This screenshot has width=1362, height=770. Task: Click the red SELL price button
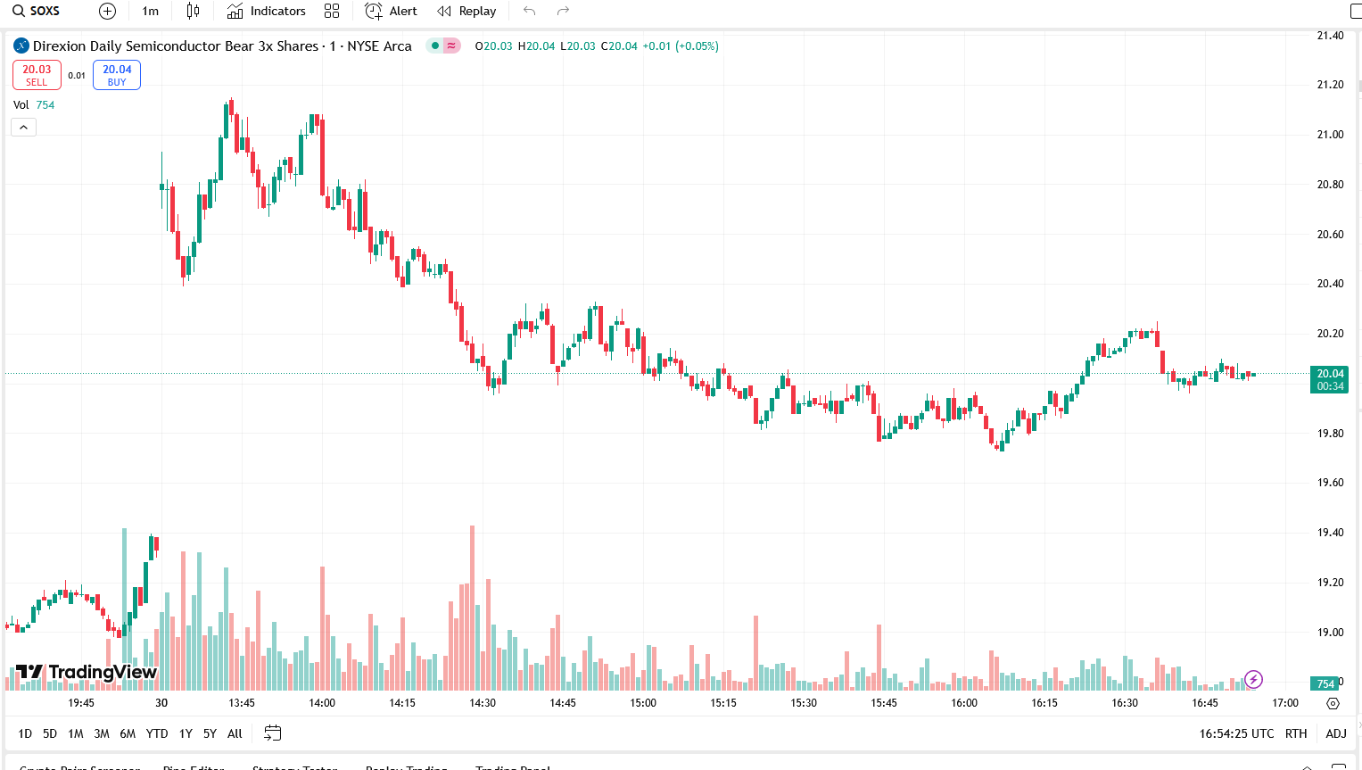point(37,75)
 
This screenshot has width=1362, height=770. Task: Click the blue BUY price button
point(117,75)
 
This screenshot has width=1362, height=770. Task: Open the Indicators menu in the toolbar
point(266,12)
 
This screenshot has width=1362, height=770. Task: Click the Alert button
point(392,12)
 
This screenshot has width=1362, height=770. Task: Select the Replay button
point(466,12)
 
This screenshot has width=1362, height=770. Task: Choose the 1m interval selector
point(150,12)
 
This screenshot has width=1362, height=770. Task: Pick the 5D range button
point(50,733)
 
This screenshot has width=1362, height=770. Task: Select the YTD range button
point(157,733)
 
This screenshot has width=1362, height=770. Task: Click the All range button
point(235,733)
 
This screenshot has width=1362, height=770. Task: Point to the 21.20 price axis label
point(1330,85)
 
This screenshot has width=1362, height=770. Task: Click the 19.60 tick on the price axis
point(1330,483)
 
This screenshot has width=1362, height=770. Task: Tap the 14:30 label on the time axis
point(483,703)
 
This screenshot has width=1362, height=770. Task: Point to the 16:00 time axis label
point(964,703)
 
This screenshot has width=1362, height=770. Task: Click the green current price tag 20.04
point(1330,375)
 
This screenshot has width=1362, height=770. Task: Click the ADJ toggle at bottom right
point(1335,733)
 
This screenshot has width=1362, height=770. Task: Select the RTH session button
point(1296,733)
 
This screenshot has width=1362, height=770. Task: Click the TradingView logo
point(87,672)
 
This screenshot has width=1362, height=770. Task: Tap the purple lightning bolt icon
point(1253,680)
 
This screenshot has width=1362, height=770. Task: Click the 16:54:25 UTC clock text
point(1236,733)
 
